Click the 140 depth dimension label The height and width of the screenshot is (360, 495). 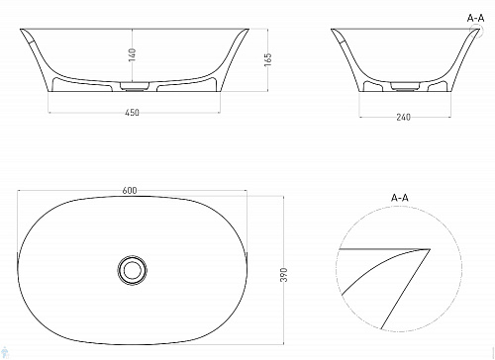pyautogui.click(x=132, y=54)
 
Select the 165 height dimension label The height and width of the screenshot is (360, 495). pyautogui.click(x=268, y=59)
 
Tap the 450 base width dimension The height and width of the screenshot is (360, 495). pyautogui.click(x=132, y=113)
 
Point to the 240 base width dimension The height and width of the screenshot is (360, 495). pyautogui.click(x=403, y=117)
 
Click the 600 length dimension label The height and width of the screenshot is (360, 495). pyautogui.click(x=130, y=191)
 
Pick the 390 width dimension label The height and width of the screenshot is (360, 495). pyautogui.click(x=284, y=275)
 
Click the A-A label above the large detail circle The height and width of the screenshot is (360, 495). pyautogui.click(x=400, y=198)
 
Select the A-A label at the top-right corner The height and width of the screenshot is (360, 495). pyautogui.click(x=476, y=18)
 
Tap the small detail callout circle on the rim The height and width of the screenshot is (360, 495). pyautogui.click(x=482, y=30)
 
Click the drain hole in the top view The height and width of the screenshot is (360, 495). pyautogui.click(x=132, y=270)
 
